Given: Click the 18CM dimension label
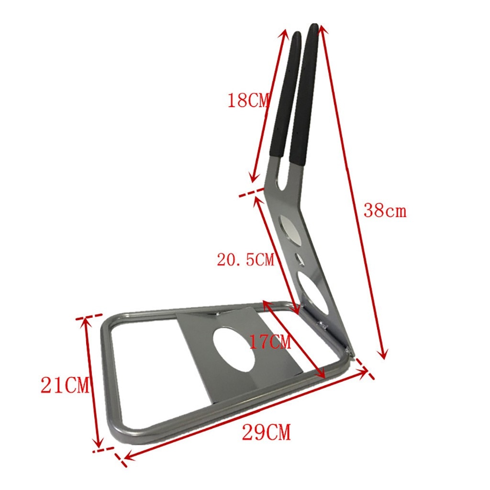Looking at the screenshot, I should coord(248,101).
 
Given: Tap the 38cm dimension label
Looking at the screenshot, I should coord(385,210).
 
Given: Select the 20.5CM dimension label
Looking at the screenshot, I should coord(245,260).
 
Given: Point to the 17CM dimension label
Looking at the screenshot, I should coord(270,342).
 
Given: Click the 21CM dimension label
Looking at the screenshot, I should coord(65,385).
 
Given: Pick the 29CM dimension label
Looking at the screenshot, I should coord(266,433).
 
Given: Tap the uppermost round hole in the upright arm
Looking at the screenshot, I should coord(290,228).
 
